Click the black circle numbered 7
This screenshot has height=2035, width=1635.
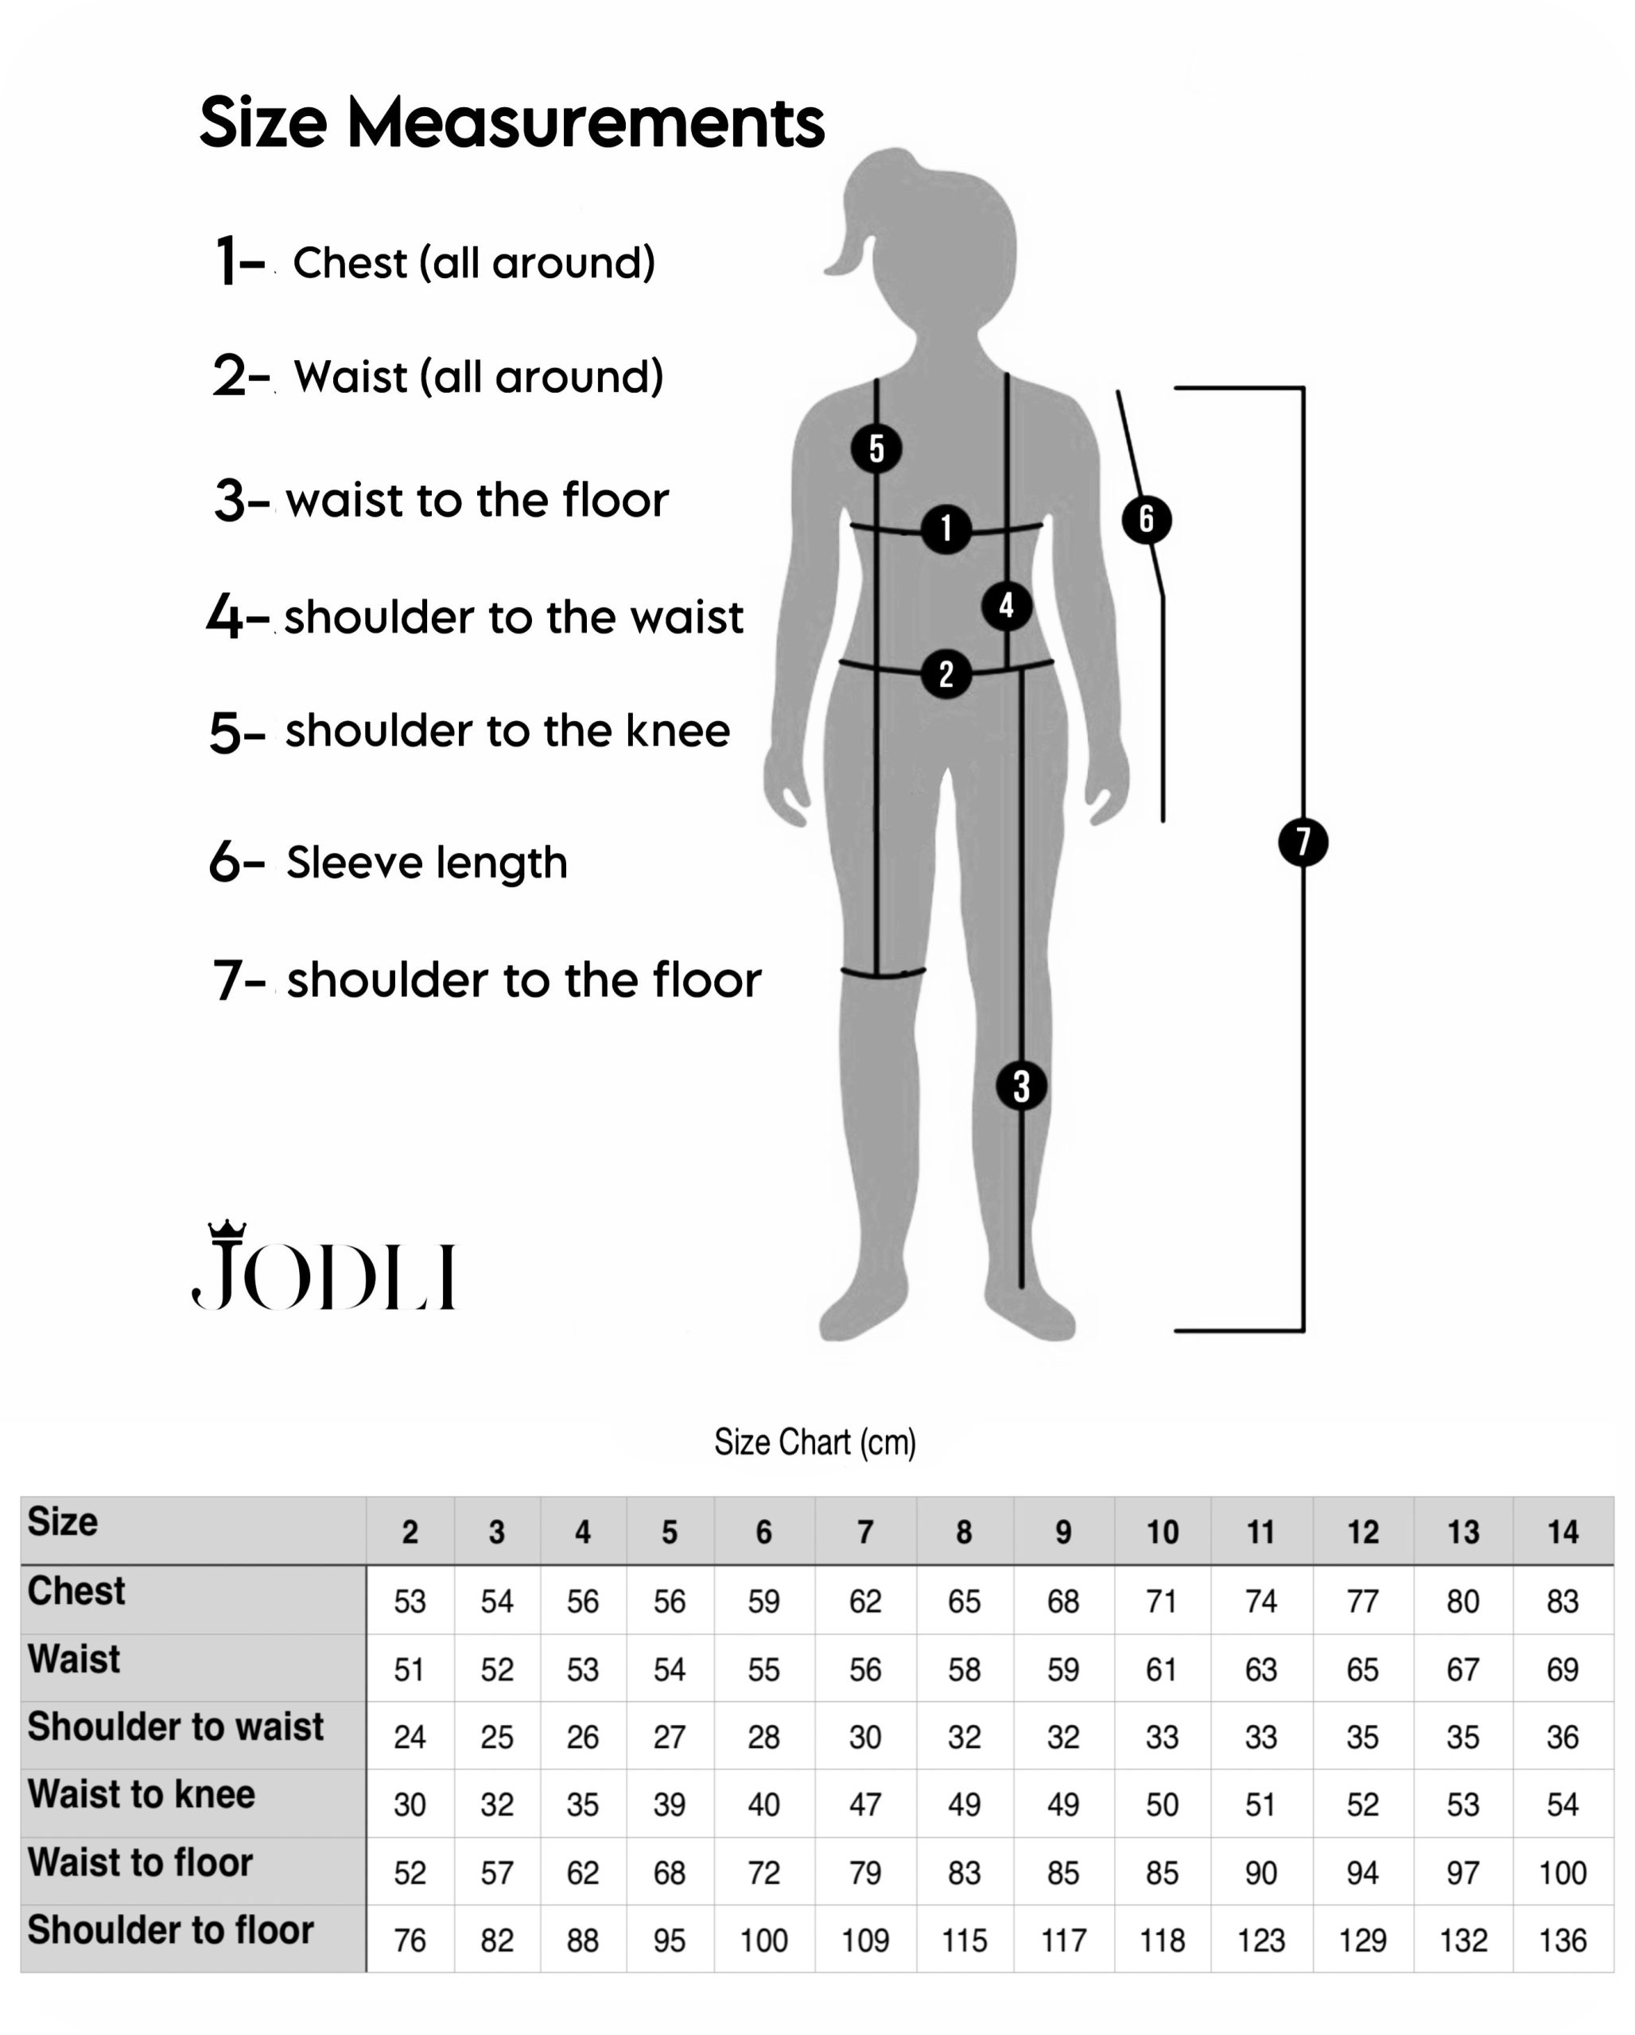(1303, 842)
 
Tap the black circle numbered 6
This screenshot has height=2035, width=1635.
(1146, 519)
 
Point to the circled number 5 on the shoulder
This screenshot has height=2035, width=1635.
(876, 448)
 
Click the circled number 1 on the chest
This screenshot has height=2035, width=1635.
(946, 529)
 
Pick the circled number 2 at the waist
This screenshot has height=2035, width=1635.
(946, 674)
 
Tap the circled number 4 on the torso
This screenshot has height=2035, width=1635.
(1006, 605)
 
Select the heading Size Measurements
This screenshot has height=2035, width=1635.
(511, 122)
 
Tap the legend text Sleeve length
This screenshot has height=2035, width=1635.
(427, 862)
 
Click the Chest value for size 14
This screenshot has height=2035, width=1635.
(1563, 1602)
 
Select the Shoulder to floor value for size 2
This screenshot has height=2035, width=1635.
(410, 1940)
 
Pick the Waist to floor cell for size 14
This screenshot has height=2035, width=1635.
(1563, 1873)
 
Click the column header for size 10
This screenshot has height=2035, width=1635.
(1162, 1532)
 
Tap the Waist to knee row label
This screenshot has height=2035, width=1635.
(142, 1794)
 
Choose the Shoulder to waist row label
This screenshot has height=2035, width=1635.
(176, 1727)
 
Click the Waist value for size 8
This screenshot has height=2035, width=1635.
(964, 1669)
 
